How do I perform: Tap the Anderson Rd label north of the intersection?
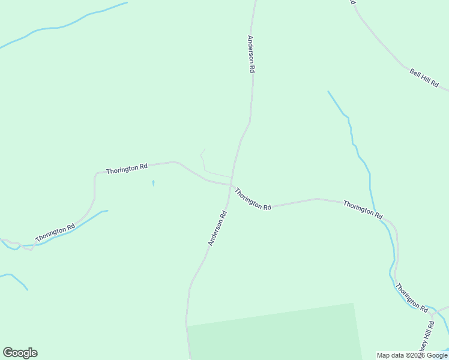(251, 54)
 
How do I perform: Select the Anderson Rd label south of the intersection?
(217, 228)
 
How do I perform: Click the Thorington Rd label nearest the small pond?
(127, 169)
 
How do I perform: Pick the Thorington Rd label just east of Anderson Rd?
(253, 199)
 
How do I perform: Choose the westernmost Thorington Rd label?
(55, 233)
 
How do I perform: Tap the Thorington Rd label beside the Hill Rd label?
(412, 297)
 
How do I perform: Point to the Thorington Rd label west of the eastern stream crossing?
(363, 209)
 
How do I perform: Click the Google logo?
(20, 353)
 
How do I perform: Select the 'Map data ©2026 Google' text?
(412, 355)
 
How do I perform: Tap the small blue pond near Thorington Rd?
(153, 183)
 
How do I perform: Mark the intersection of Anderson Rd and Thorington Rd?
(231, 185)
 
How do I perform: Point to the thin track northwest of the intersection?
(203, 162)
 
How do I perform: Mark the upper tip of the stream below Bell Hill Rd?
(328, 92)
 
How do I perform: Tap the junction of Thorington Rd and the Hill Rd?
(432, 313)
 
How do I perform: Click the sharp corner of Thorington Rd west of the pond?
(95, 175)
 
